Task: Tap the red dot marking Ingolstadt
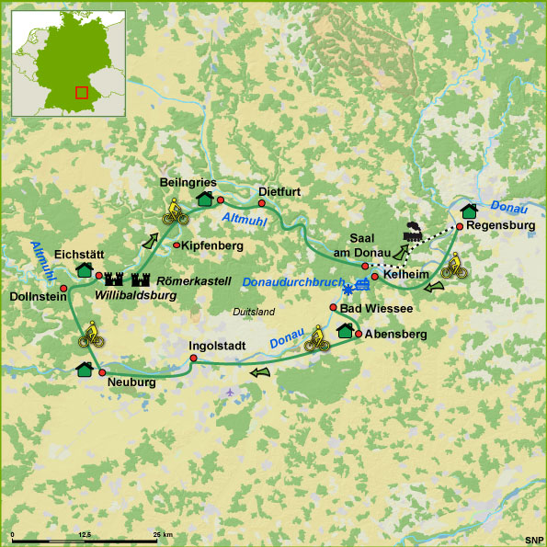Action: (x=193, y=359)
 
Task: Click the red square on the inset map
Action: (x=82, y=93)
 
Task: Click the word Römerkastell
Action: (x=193, y=279)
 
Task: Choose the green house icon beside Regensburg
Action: (x=469, y=212)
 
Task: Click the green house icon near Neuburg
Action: (x=84, y=369)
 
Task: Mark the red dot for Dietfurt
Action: (x=261, y=203)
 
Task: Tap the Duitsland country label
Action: (x=255, y=312)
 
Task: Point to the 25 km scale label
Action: (x=162, y=534)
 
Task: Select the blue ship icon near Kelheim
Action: (x=364, y=284)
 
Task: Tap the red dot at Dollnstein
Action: (x=63, y=289)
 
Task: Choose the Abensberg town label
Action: (x=396, y=335)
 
